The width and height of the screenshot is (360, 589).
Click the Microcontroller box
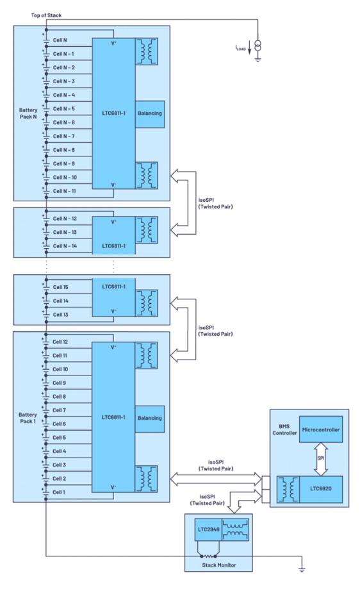[x=320, y=429]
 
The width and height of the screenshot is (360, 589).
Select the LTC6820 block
[x=320, y=489]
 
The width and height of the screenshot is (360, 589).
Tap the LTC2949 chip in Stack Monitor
[x=208, y=529]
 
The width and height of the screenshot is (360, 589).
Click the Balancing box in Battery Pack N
[x=150, y=114]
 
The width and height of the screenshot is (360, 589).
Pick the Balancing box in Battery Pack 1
[x=150, y=419]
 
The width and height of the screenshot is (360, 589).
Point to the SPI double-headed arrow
[x=320, y=459]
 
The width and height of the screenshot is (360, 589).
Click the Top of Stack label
[x=46, y=15]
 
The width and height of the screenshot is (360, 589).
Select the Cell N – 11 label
[x=64, y=191]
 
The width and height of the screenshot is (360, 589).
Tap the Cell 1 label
[x=59, y=492]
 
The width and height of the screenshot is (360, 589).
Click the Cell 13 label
[x=60, y=315]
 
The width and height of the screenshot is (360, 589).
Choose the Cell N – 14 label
[x=65, y=245]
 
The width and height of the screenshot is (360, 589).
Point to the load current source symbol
[x=258, y=46]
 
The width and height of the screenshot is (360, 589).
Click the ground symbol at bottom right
[x=302, y=569]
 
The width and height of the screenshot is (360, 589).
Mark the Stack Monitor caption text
[x=219, y=565]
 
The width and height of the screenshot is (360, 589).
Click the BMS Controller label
[x=284, y=429]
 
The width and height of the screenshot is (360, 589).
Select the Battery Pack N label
[x=28, y=113]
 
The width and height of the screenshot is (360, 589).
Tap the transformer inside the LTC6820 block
[x=288, y=489]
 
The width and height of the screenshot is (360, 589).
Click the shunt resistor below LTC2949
[x=208, y=556]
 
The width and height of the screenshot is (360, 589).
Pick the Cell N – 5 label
[x=64, y=108]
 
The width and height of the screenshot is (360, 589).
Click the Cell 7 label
[x=59, y=410]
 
